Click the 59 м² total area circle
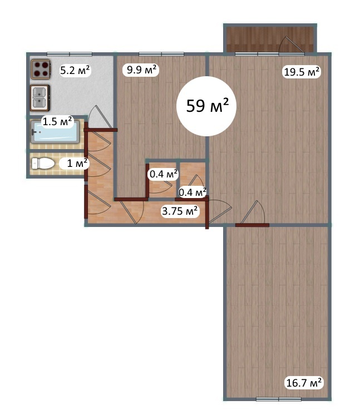point(206,106)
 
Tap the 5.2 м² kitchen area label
point(75,71)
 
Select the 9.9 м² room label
point(141,70)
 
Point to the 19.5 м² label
point(302,72)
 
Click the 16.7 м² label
point(304,383)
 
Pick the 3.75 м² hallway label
point(180,211)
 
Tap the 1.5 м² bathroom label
point(57,122)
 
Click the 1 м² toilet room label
point(74,163)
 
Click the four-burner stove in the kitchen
point(41,69)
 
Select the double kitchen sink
point(40,98)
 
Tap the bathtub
point(55,132)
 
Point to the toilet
point(43,164)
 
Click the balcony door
point(292,46)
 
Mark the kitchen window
point(70,54)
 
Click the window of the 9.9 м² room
point(161,54)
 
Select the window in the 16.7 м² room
point(279,399)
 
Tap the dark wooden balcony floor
point(270,39)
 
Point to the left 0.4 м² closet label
point(164,174)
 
